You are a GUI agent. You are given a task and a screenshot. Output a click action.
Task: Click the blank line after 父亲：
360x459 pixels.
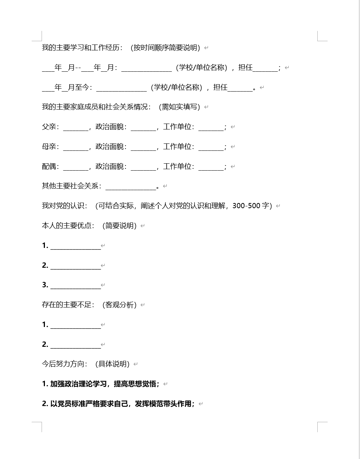(76, 127)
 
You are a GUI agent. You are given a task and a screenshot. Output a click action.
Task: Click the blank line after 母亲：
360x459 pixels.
(76, 147)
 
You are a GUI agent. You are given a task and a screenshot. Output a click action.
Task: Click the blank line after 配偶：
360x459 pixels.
(76, 167)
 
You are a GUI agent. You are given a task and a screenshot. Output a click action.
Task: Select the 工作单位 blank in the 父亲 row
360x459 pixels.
(211, 127)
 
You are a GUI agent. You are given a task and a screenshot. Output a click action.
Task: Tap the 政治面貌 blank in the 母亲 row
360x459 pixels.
(144, 147)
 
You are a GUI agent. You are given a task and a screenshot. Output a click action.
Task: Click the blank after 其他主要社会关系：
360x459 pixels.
(131, 187)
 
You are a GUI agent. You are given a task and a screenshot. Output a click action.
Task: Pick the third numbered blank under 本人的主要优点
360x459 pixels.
(75, 285)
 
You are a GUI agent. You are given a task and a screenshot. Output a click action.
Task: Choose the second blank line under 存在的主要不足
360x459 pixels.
(75, 345)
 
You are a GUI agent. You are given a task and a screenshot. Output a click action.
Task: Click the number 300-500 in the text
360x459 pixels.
(246, 206)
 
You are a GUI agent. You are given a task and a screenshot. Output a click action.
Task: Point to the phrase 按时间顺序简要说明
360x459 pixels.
(165, 48)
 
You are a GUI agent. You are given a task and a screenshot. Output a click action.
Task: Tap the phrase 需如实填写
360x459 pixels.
(180, 107)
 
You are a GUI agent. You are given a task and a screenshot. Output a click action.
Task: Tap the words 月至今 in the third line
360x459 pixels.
(79, 88)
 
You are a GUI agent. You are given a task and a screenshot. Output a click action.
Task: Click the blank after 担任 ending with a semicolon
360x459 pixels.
(265, 68)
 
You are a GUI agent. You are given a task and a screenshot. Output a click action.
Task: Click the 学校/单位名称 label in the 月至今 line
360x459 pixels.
(176, 88)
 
